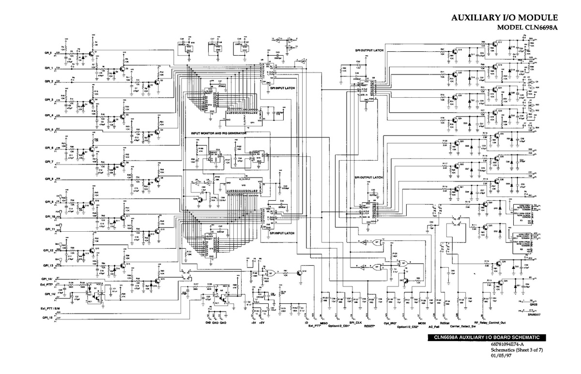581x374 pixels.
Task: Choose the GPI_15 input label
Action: pos(47,317)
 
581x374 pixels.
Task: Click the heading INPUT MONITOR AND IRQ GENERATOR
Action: pos(219,133)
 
